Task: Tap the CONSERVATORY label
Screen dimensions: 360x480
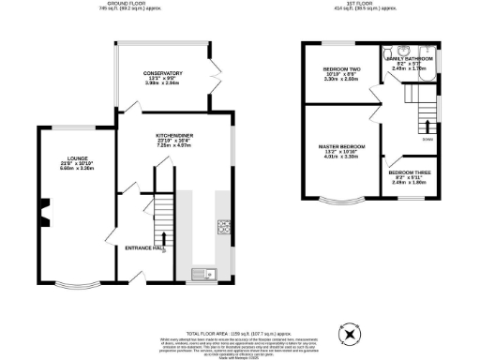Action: [x=162, y=73]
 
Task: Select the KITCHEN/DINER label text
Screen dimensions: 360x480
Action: [x=174, y=135]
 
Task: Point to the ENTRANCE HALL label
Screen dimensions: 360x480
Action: [x=143, y=247]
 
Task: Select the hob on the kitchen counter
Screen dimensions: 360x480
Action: [x=225, y=227]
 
